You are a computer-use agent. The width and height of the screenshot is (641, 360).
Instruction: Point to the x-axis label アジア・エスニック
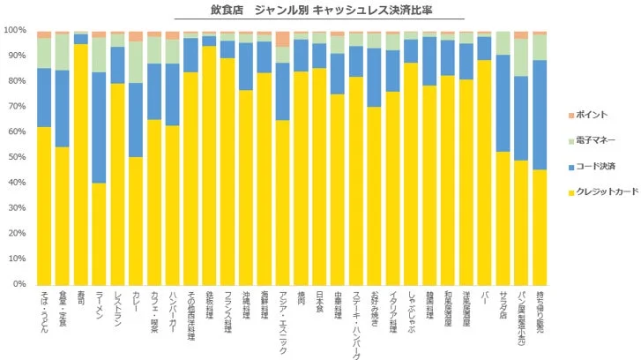pyautogui.click(x=282, y=321)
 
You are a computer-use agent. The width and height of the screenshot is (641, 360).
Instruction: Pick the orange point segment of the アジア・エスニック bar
pyautogui.click(x=282, y=38)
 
